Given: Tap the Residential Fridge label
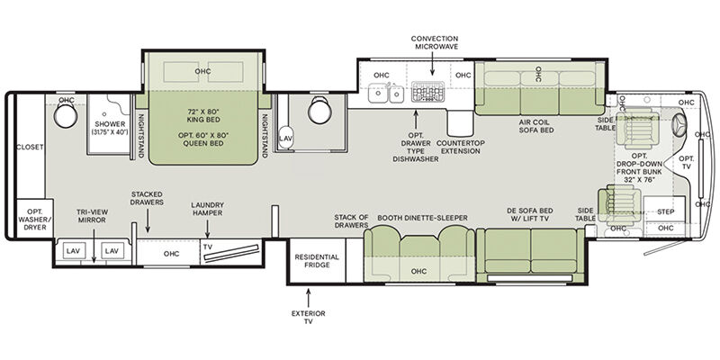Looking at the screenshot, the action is click(x=317, y=261).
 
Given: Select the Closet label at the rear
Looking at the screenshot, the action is click(x=30, y=147).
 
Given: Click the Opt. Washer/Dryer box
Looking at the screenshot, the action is click(x=35, y=218).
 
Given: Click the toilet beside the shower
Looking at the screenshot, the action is click(x=65, y=115).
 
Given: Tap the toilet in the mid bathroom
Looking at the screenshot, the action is click(x=319, y=110).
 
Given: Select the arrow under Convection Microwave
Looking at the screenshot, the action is click(x=432, y=63).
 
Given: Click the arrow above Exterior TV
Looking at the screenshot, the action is click(x=308, y=297).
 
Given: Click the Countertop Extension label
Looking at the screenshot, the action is click(x=461, y=147).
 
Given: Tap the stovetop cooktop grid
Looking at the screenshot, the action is click(x=428, y=92).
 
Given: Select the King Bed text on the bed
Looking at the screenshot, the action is click(x=204, y=115).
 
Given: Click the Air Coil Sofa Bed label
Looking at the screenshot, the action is click(x=536, y=126).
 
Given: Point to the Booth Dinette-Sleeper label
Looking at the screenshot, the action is click(x=422, y=218).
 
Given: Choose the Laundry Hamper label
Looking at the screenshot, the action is click(x=208, y=209).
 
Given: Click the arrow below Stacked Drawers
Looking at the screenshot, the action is click(x=148, y=220).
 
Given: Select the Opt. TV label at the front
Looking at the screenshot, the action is click(x=687, y=163).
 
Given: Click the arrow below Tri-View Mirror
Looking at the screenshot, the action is click(x=94, y=246).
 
